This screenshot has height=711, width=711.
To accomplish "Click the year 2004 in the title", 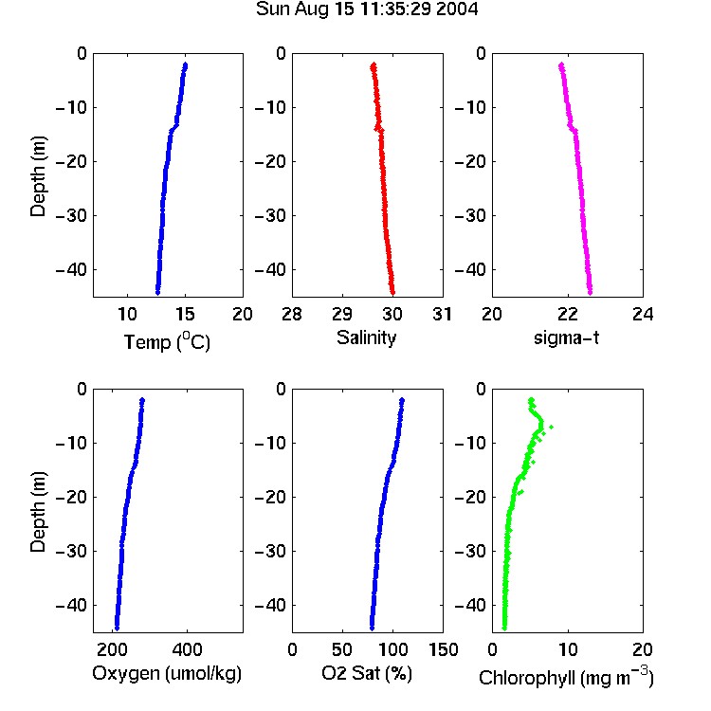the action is coord(457,9).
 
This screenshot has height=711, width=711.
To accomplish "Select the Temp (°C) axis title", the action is coord(167,341).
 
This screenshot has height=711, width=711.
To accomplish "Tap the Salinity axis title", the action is coord(366,337).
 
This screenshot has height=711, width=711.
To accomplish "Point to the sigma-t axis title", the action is coord(566,337).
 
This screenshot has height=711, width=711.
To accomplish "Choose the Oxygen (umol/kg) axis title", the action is coord(167,673).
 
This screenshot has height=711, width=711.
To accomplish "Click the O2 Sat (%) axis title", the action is coord(367,673).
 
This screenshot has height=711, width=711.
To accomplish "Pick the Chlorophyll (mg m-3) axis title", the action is coord(566,677).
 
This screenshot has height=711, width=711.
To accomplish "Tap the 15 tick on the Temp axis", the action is coord(185,314).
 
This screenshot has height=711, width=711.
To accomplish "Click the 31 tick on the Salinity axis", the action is coord(442,314).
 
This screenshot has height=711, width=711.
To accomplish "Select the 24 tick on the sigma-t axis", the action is coord(643,314).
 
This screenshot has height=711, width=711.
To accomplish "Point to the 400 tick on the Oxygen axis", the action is coord(187,649).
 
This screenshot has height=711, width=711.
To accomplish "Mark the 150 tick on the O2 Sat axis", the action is coord(443,649).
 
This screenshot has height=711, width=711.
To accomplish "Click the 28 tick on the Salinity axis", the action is coord(292,314).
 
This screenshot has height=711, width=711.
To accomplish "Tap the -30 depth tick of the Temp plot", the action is coord(71,215).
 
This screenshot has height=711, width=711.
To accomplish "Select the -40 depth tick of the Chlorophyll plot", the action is coord(470,605).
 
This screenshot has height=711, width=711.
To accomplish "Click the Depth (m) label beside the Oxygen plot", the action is coord(38,512).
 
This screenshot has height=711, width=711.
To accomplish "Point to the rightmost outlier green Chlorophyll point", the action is coord(551,427).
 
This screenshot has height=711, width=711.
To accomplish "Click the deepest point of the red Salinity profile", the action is coord(392,293).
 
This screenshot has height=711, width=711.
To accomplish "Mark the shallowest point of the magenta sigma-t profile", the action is coord(561,65).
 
